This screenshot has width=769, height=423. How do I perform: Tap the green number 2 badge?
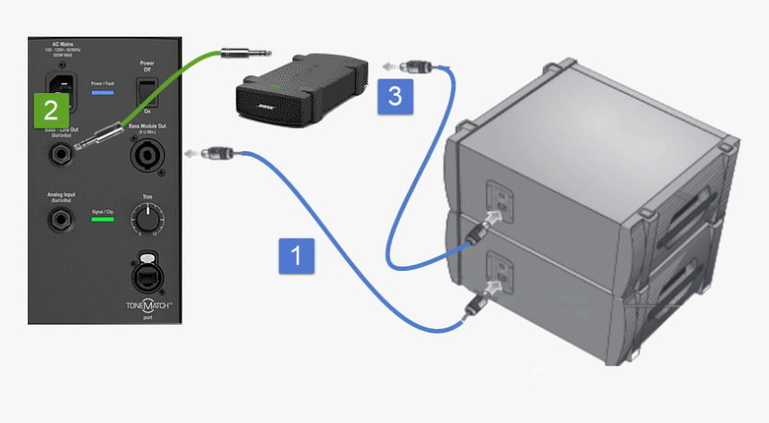click(50, 110)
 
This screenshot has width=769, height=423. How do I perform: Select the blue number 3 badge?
click(394, 95)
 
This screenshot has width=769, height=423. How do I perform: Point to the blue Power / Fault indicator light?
click(103, 93)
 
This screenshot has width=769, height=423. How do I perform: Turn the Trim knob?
click(146, 218)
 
